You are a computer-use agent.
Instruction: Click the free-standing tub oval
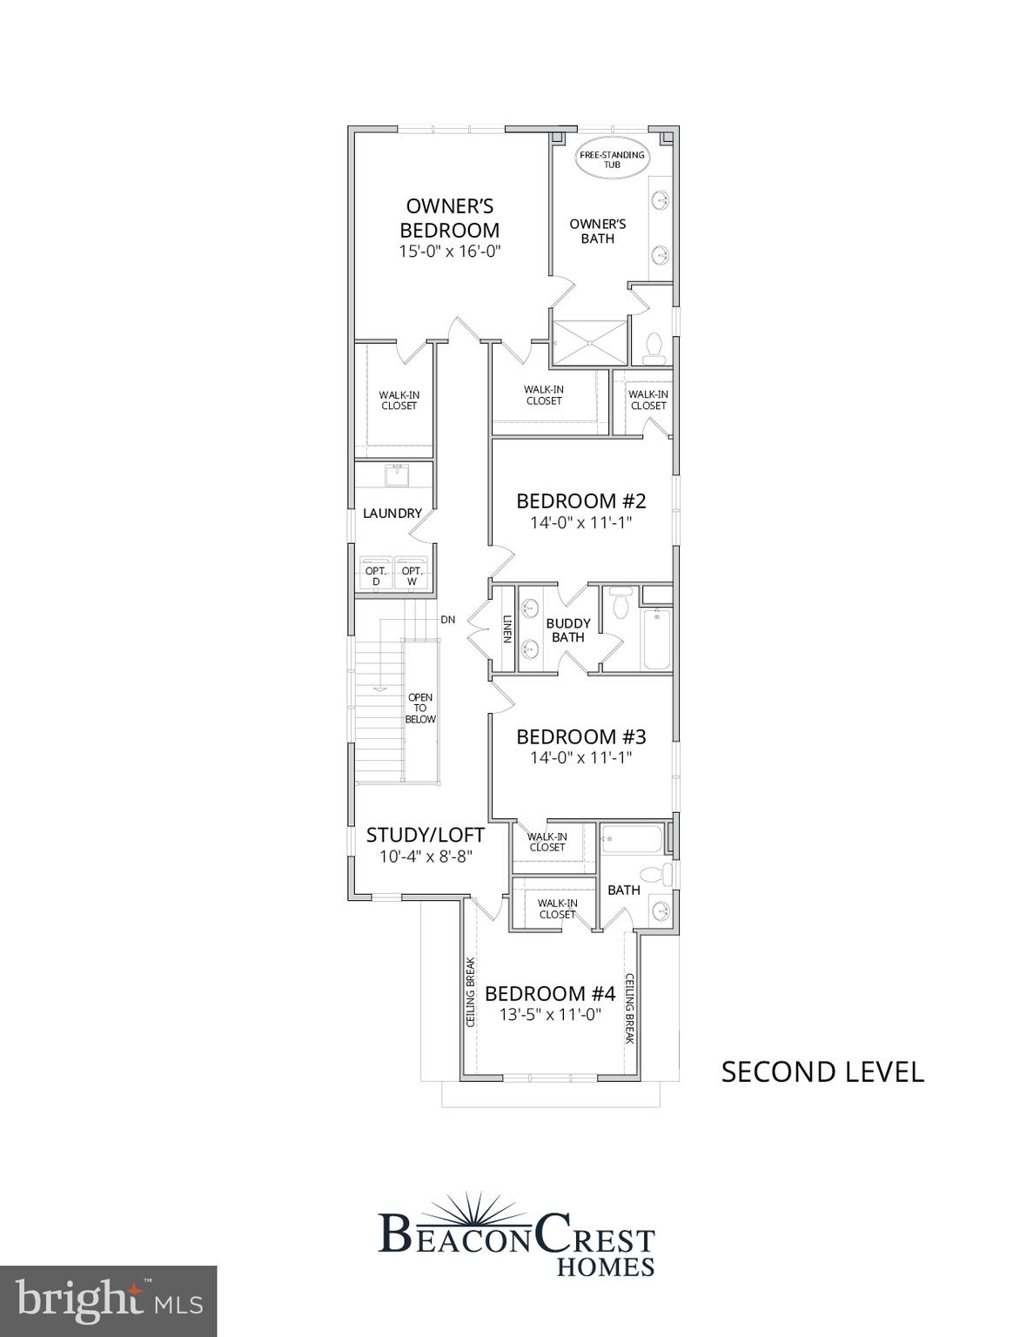[x=613, y=159]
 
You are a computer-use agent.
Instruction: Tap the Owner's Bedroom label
[x=449, y=218]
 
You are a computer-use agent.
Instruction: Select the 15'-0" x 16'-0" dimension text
[x=449, y=251]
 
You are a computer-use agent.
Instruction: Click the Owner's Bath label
[x=597, y=231]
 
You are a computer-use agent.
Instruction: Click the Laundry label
[x=392, y=514]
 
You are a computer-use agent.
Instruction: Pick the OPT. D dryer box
[x=376, y=575]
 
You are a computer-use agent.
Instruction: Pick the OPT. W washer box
[x=412, y=575]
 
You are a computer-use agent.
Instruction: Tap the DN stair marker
[x=447, y=620]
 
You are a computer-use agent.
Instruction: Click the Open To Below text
[x=420, y=709]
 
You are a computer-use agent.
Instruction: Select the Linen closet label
[x=506, y=629]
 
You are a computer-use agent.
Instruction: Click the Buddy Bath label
[x=567, y=630]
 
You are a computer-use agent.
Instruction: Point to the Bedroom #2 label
[x=580, y=501]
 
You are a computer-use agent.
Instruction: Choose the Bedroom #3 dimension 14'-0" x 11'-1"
[x=580, y=758]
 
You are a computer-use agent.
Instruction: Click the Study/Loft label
[x=425, y=835]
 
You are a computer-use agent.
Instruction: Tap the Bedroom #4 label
[x=550, y=993]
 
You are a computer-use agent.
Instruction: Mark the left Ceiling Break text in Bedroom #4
[x=470, y=992]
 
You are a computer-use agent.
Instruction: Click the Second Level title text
[x=822, y=1072]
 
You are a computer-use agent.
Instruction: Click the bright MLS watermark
[x=108, y=1300]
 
